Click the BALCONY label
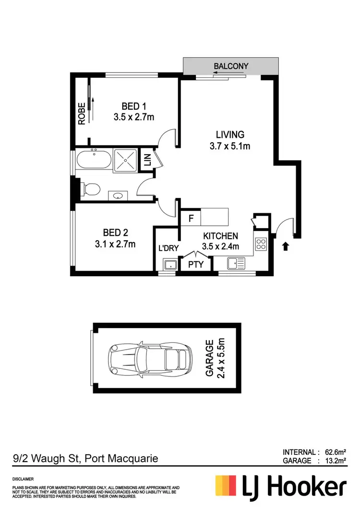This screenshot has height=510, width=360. pyautogui.click(x=232, y=66)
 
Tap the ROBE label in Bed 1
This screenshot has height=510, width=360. pyautogui.click(x=82, y=114)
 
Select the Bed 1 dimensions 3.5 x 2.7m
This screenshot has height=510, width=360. pyautogui.click(x=133, y=117)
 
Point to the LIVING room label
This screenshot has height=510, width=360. pyautogui.click(x=230, y=135)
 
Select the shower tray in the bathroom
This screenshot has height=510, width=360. pyautogui.click(x=125, y=160)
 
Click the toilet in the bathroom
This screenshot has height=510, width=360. pyautogui.click(x=89, y=189)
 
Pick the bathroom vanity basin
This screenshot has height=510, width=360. pyautogui.click(x=118, y=195)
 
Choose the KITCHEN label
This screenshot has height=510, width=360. pyautogui.click(x=221, y=236)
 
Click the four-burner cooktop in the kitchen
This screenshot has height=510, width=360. pyautogui.click(x=261, y=244)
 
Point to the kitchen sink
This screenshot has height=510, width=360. pyautogui.click(x=236, y=263)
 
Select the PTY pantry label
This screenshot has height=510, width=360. pyautogui.click(x=196, y=264)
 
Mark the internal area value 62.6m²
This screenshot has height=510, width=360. pyautogui.click(x=335, y=452)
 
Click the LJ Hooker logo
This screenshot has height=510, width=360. pyautogui.click(x=281, y=486)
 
